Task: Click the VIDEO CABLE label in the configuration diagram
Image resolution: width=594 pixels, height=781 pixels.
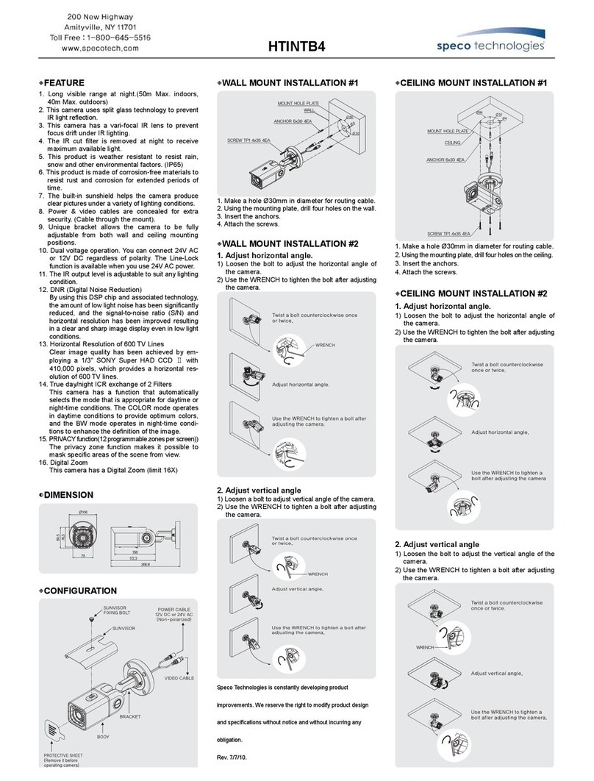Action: pos(179,677)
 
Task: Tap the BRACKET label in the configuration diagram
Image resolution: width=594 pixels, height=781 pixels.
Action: pos(130,716)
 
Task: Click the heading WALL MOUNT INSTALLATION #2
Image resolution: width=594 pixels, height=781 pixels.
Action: pos(290,243)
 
